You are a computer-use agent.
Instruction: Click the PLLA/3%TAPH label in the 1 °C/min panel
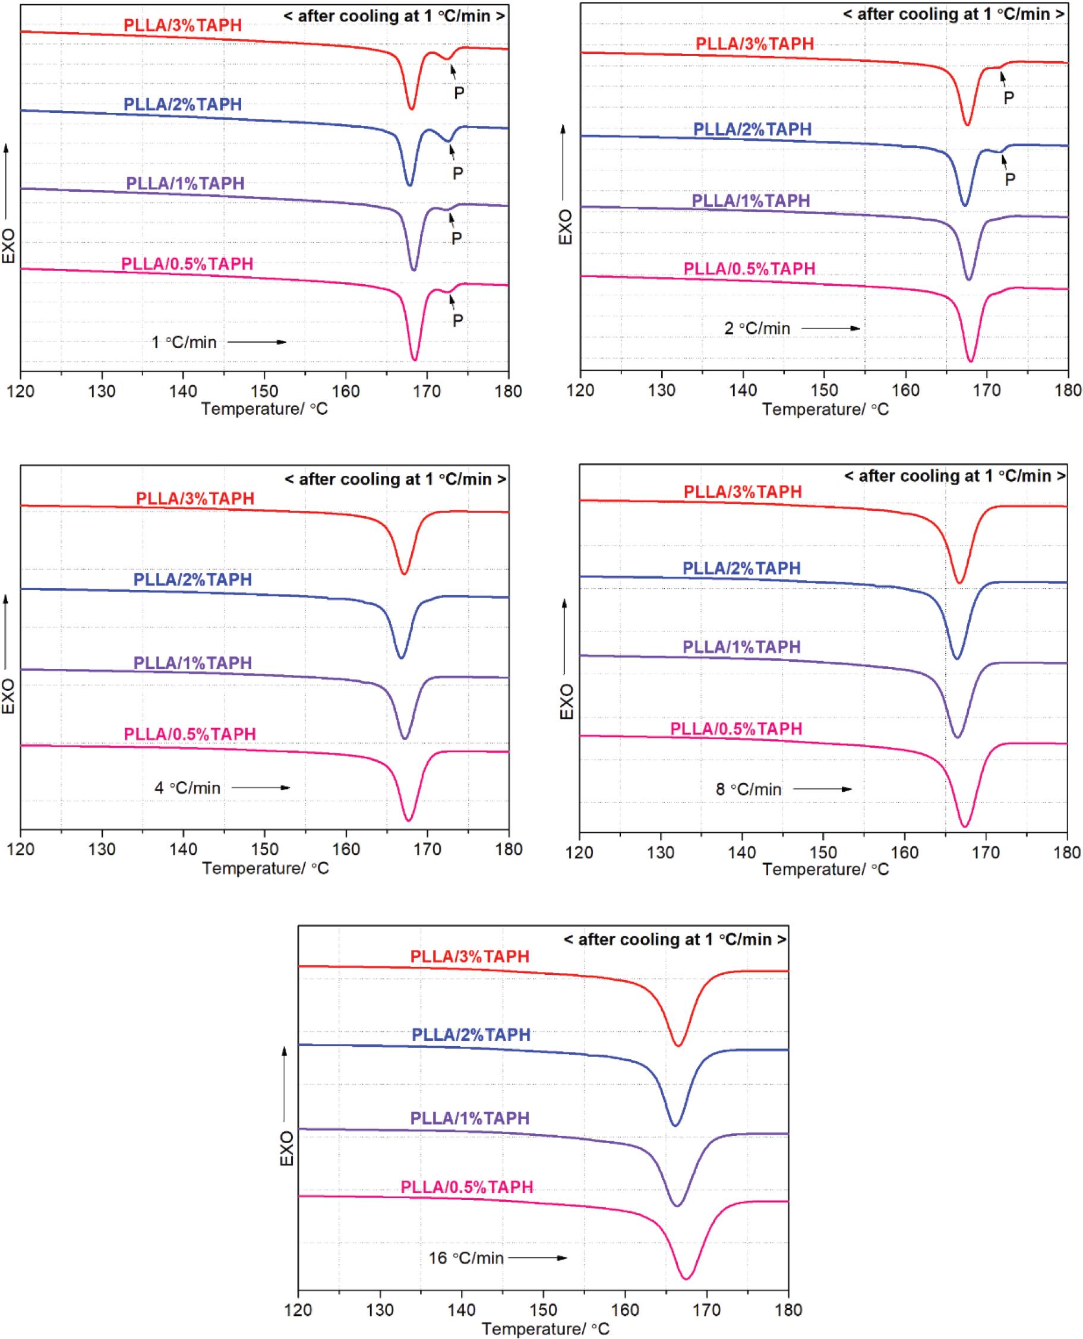pos(182,26)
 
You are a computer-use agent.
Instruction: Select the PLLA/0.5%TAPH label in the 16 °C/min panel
pos(466,1187)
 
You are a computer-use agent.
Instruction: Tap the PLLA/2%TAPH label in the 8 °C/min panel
pos(741,568)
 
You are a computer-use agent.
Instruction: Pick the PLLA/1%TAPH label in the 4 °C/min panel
pos(192,662)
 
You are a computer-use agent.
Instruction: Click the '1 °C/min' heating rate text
pos(184,342)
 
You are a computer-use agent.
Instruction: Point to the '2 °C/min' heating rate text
pos(757,329)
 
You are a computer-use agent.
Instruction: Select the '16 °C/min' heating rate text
pos(465,1258)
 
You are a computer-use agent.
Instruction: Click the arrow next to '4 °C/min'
pos(261,788)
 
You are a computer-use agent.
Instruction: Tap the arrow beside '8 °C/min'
pos(822,789)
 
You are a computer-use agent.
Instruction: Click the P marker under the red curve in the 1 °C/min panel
pos(459,93)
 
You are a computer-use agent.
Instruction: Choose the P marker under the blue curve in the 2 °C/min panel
pos(1010,179)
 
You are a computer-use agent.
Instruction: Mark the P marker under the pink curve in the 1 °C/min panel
pos(458,320)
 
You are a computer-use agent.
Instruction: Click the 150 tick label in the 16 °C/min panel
pos(544,1310)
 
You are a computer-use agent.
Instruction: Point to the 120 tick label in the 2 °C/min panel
pos(580,390)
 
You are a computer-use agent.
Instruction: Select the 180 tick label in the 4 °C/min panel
pos(509,849)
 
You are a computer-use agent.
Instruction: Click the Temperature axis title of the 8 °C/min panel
pos(825,869)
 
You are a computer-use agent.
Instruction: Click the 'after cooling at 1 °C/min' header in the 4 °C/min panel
pos(396,479)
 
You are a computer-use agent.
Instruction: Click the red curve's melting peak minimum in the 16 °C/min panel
pos(677,1046)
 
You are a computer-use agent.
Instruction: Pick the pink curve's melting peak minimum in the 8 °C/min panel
pos(965,827)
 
